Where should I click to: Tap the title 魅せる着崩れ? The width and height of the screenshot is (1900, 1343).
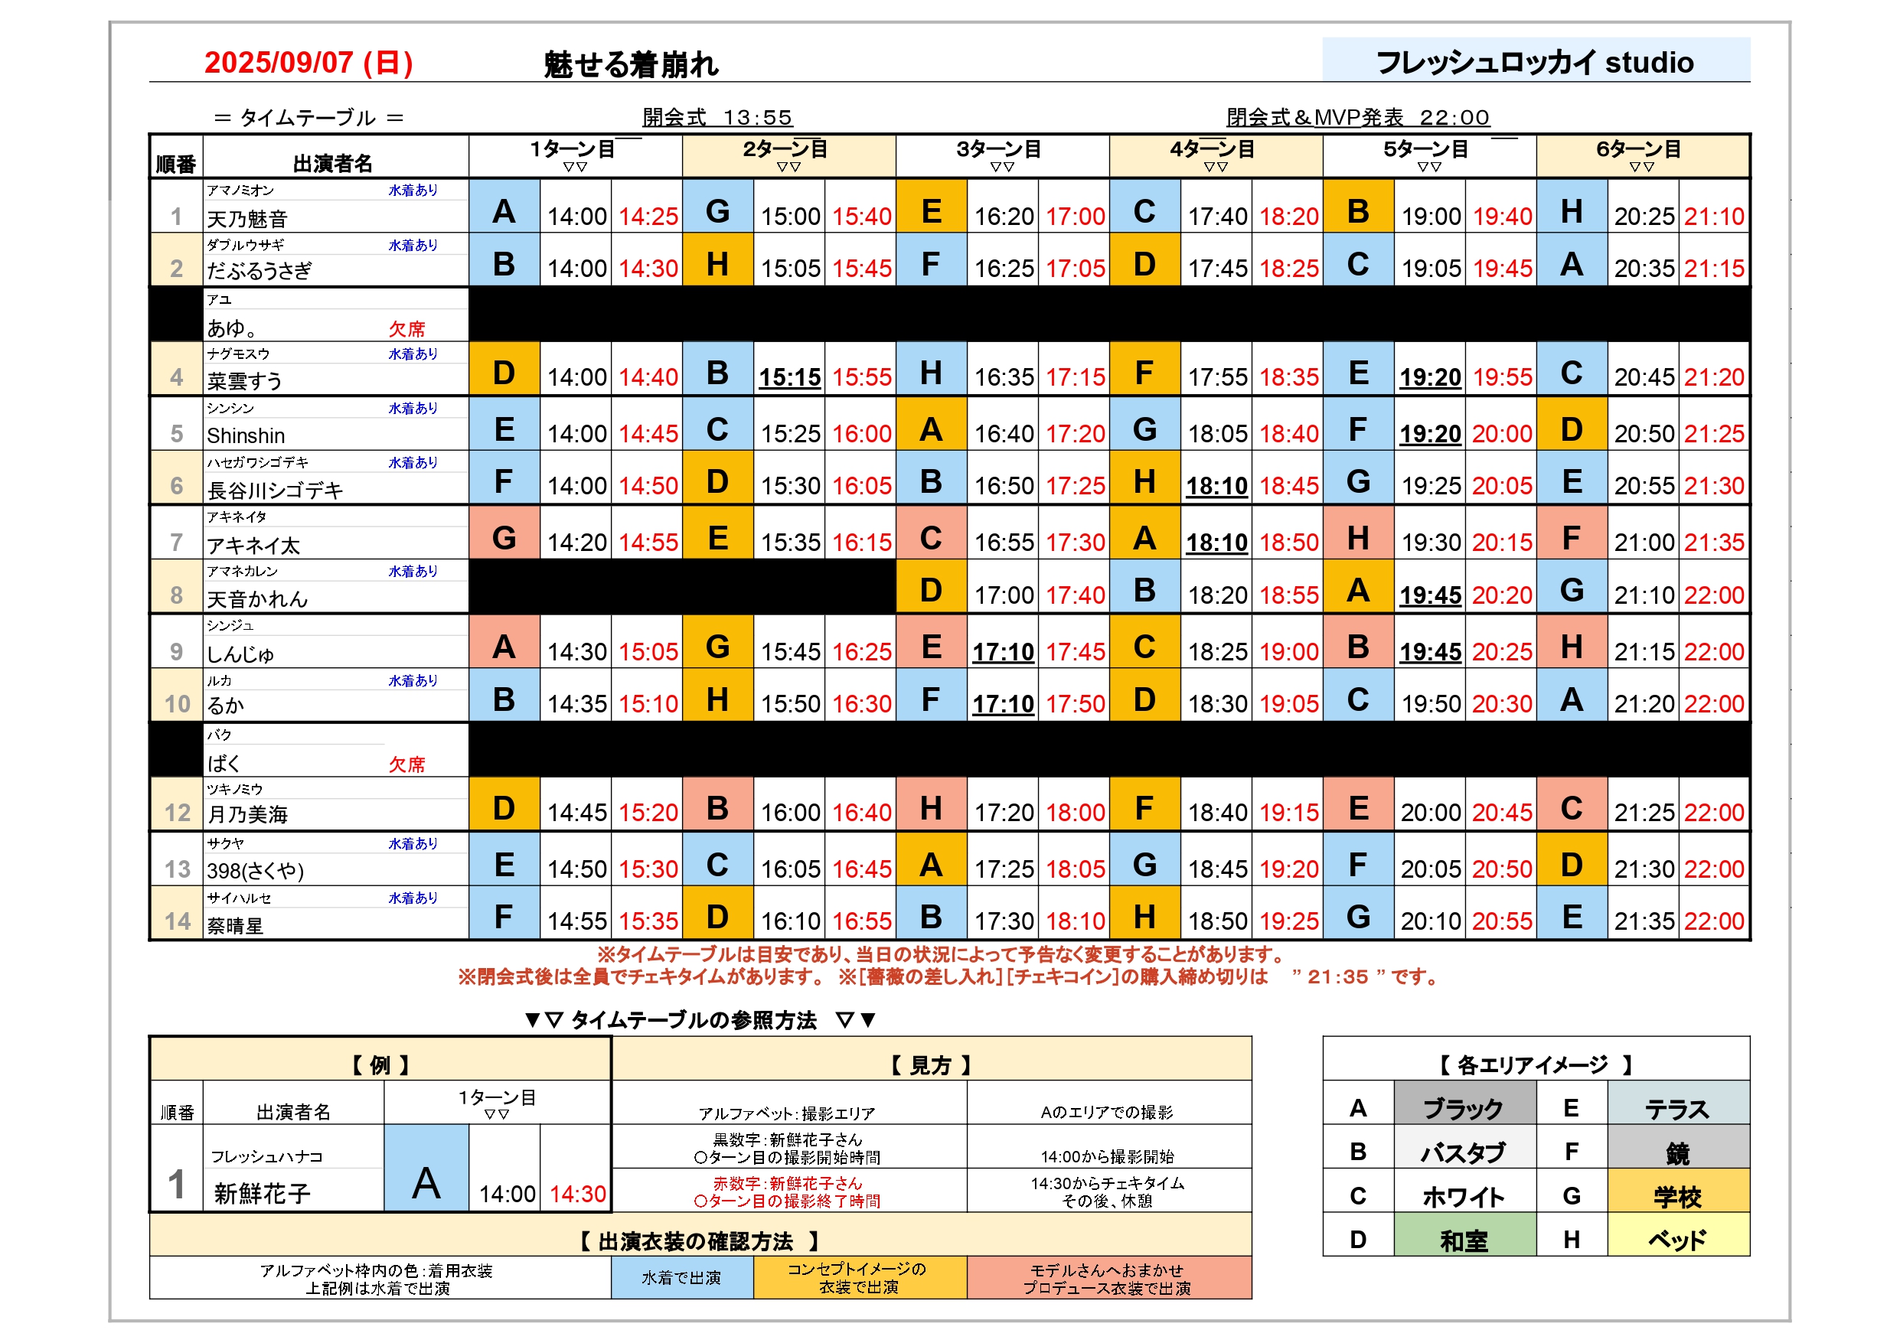click(x=631, y=64)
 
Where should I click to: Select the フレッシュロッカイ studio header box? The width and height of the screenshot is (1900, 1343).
click(x=1534, y=61)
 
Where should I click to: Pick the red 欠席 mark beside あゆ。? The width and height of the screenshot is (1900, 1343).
click(x=406, y=328)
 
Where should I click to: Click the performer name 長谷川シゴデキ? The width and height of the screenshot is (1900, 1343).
click(x=275, y=491)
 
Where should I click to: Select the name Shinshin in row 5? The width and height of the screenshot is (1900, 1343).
click(x=246, y=435)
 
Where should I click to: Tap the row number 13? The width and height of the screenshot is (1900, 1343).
click(x=177, y=869)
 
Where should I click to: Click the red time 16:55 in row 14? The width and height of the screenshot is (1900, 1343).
click(x=861, y=921)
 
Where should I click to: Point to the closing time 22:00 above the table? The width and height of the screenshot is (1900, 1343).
click(x=1454, y=118)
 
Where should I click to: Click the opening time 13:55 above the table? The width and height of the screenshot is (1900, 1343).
click(x=757, y=118)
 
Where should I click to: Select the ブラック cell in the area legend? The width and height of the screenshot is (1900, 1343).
click(x=1463, y=1108)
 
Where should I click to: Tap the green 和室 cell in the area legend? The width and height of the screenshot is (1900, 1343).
click(x=1463, y=1240)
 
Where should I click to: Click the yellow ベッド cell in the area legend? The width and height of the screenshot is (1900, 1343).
click(x=1676, y=1240)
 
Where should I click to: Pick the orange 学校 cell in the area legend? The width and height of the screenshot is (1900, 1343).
click(x=1676, y=1196)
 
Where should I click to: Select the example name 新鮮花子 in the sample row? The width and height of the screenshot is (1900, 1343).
click(x=262, y=1192)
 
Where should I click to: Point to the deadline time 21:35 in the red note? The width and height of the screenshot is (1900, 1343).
click(x=1337, y=977)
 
